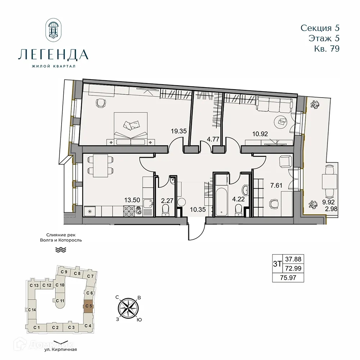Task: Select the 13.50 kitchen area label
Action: [132, 200]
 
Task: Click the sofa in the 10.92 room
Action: [274, 105]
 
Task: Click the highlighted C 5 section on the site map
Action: [88, 307]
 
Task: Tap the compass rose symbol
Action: [128, 307]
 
